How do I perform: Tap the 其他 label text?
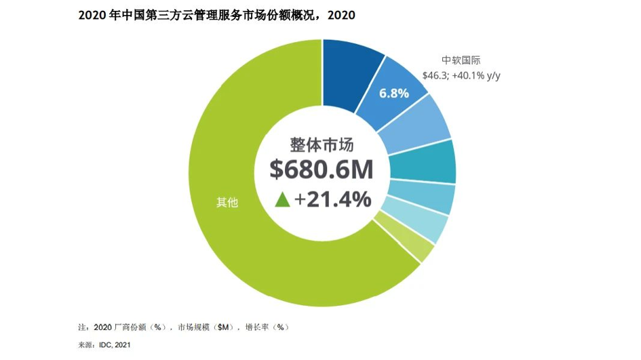point(227,201)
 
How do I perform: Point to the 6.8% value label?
point(393,93)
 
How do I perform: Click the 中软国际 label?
point(461,59)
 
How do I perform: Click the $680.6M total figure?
point(321,169)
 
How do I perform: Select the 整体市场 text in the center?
point(322,144)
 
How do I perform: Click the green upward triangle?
point(283,199)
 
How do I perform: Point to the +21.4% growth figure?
point(332,199)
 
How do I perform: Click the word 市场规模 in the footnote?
point(193,327)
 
